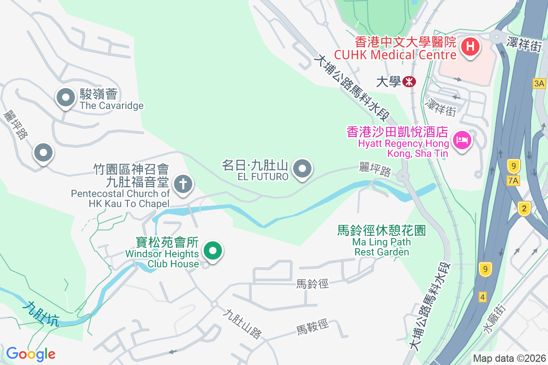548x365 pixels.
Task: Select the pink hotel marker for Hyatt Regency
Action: [462, 140]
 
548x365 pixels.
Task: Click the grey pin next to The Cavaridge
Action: [65, 97]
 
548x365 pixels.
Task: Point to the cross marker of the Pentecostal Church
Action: [183, 184]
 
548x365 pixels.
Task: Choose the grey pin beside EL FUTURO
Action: [302, 169]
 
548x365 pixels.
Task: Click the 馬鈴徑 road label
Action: [312, 284]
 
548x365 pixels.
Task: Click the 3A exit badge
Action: [539, 83]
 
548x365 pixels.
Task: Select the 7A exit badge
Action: [514, 181]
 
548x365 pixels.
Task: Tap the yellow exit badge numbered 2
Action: [524, 209]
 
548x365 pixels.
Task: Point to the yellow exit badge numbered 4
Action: [483, 297]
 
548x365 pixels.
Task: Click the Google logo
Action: [31, 354]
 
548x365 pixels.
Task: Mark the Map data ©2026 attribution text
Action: [509, 358]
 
